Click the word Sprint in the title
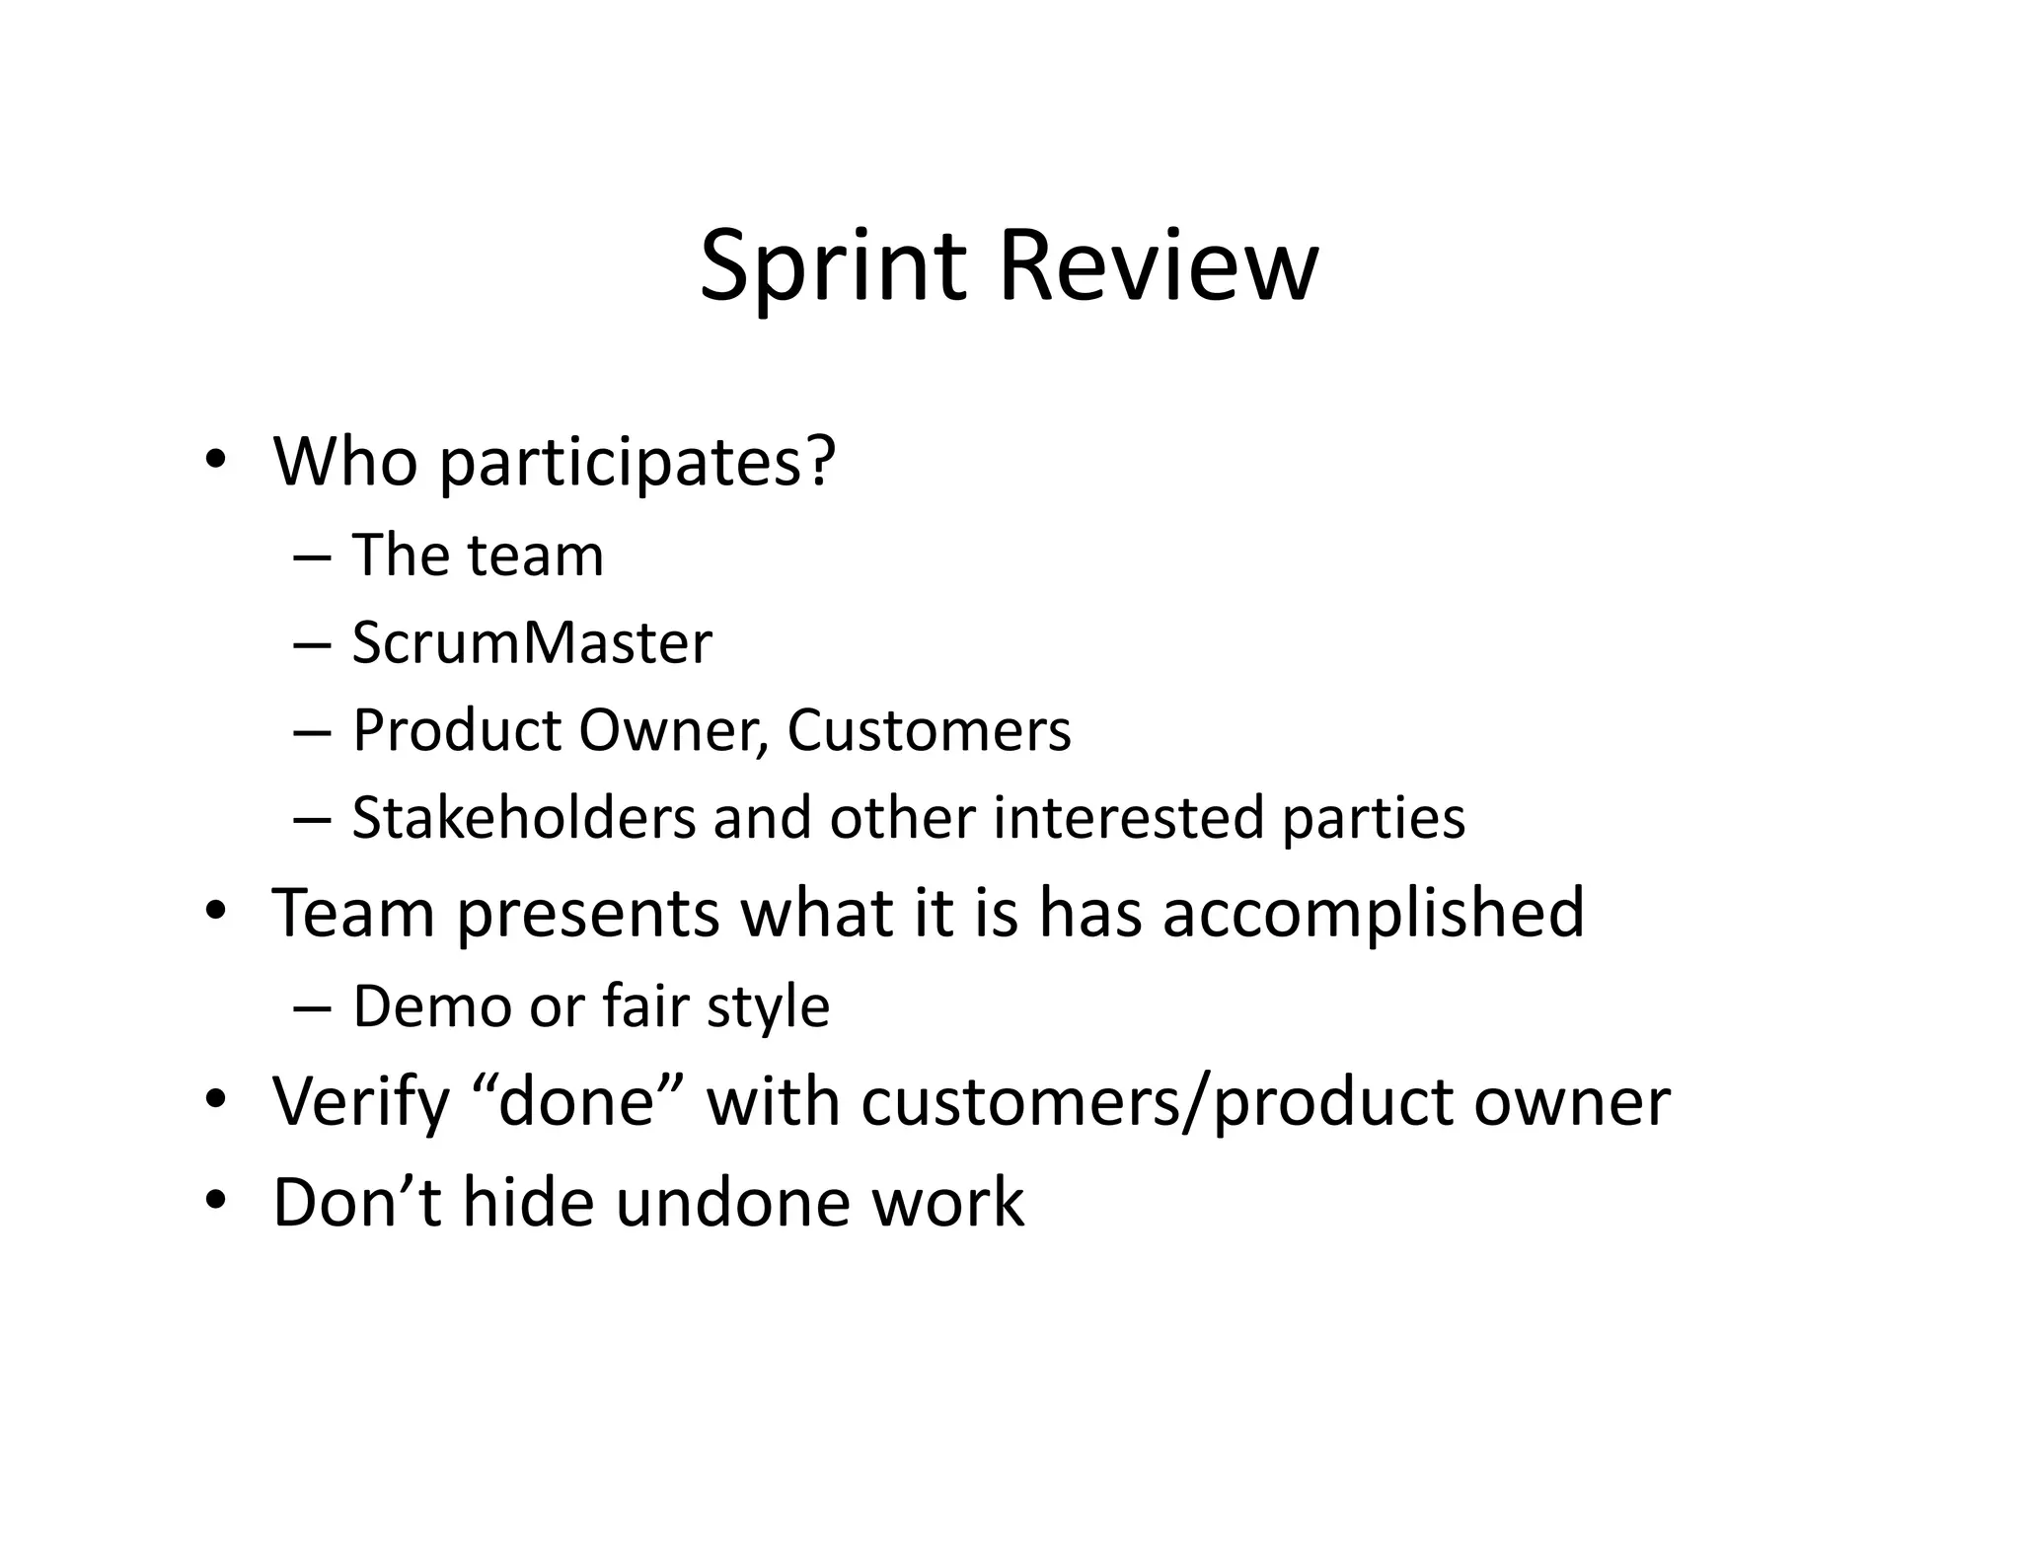click(x=832, y=266)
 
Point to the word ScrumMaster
click(x=532, y=643)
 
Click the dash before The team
click(x=311, y=557)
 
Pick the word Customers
click(x=929, y=731)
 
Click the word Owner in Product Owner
click(x=674, y=731)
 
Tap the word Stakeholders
click(x=524, y=819)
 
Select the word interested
click(x=1128, y=819)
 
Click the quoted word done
click(x=577, y=1102)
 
